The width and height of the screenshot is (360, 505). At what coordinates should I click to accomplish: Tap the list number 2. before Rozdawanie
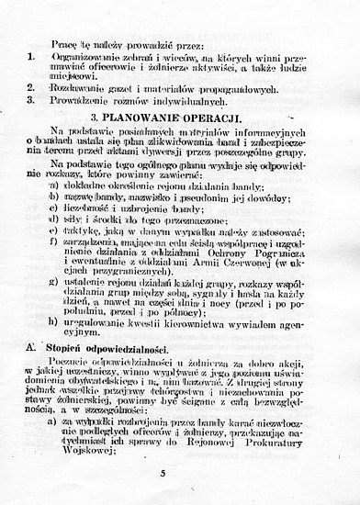30,89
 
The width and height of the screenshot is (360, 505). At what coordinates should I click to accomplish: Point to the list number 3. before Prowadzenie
30,100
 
